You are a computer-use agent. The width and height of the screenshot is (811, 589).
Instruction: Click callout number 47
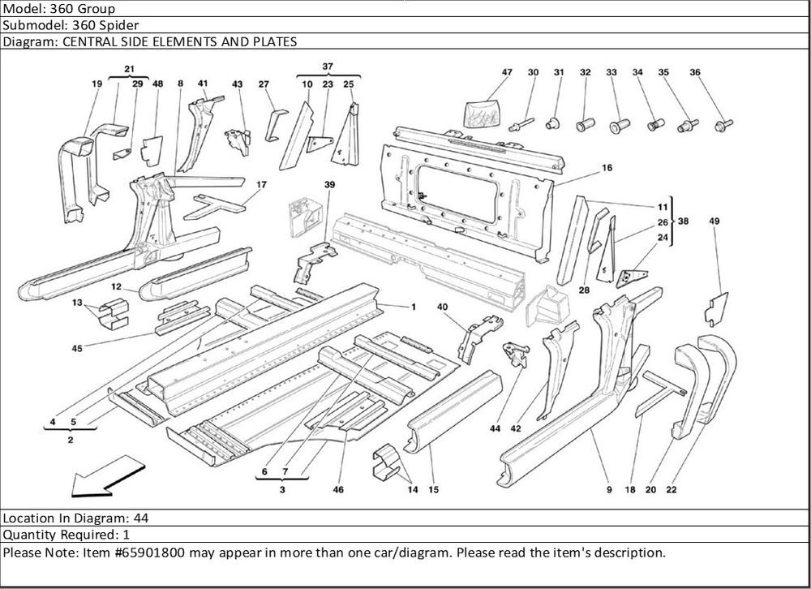click(x=507, y=73)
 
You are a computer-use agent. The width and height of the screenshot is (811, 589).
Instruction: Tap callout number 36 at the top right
click(x=695, y=73)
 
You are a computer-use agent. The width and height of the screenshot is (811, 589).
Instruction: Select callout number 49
click(x=714, y=221)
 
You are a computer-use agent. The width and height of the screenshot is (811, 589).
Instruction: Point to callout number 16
click(x=607, y=169)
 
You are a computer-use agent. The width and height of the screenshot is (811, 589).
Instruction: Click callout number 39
click(x=329, y=185)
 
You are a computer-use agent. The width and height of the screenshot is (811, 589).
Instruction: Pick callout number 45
click(x=77, y=348)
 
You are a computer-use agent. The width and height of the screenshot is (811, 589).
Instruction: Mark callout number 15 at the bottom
click(x=433, y=490)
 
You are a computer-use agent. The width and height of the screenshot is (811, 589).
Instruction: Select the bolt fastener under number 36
click(x=723, y=125)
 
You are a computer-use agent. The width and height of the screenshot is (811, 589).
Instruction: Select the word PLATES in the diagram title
click(x=272, y=41)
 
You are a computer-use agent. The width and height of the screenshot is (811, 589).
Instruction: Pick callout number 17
click(x=261, y=185)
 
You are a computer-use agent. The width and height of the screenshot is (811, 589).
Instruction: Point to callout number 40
click(x=442, y=307)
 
